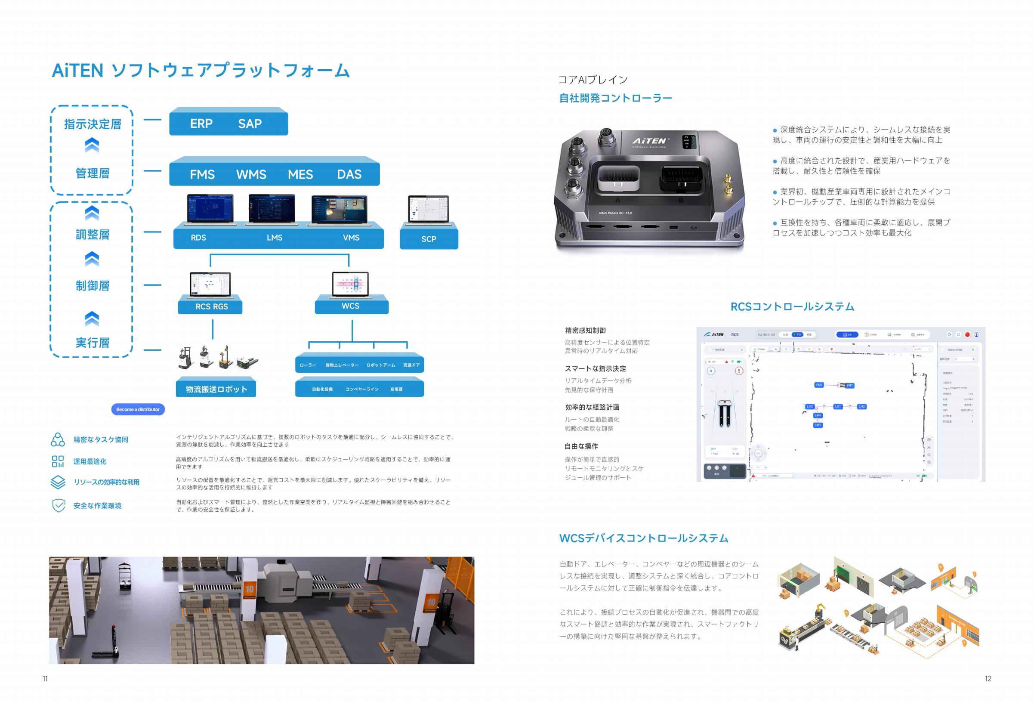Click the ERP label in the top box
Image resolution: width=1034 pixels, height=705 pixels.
pyautogui.click(x=201, y=124)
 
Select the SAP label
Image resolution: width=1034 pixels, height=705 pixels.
pyautogui.click(x=250, y=124)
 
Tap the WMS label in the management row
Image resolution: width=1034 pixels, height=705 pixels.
pyautogui.click(x=251, y=174)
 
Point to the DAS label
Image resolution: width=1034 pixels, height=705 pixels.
pyautogui.click(x=349, y=174)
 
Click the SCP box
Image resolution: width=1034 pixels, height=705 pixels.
pyautogui.click(x=429, y=239)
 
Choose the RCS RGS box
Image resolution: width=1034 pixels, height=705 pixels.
pyautogui.click(x=211, y=306)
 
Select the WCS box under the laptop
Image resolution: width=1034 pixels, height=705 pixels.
pyautogui.click(x=351, y=306)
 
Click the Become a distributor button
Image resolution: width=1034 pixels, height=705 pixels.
pyautogui.click(x=138, y=409)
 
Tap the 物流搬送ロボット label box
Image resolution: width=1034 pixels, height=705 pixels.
pyautogui.click(x=216, y=390)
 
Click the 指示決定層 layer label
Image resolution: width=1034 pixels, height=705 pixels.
pyautogui.click(x=93, y=124)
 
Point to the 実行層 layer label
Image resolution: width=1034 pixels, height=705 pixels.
pyautogui.click(x=93, y=343)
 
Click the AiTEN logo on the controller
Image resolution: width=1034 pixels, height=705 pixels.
pyautogui.click(x=650, y=141)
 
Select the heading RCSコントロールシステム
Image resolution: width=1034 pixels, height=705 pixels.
pyautogui.click(x=792, y=306)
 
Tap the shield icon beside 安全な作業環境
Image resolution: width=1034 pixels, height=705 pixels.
pyautogui.click(x=58, y=506)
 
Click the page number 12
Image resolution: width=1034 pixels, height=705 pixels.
pyautogui.click(x=988, y=679)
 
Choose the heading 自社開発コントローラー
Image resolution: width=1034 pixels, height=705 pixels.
pyautogui.click(x=615, y=99)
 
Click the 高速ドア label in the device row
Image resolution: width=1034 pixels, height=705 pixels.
pyautogui.click(x=411, y=365)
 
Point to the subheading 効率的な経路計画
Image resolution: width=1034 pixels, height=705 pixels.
pyautogui.click(x=592, y=407)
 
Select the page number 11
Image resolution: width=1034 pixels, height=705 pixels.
pyautogui.click(x=45, y=679)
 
